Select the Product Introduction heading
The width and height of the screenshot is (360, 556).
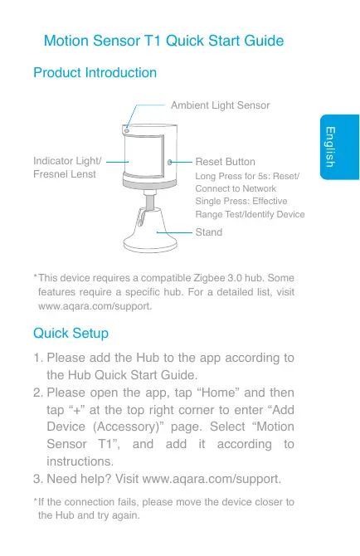point(95,74)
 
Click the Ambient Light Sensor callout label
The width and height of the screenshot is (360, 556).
point(220,105)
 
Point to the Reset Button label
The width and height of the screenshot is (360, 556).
point(225,162)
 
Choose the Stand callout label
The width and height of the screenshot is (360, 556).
point(208,232)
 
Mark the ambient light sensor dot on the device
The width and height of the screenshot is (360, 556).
point(127,130)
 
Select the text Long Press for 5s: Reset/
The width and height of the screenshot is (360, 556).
point(246,177)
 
